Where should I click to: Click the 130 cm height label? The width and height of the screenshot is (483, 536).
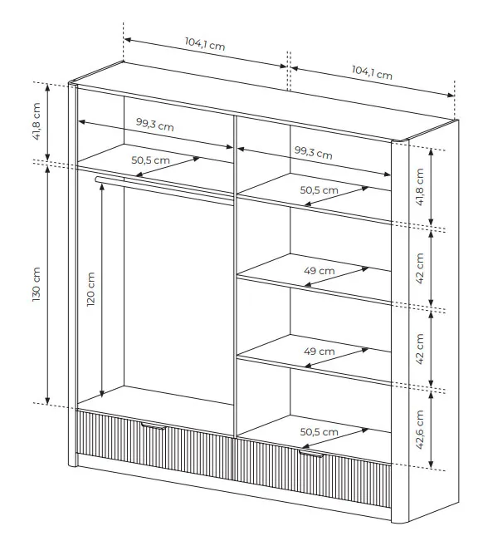[37, 284]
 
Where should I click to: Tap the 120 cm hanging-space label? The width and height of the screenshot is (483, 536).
[90, 289]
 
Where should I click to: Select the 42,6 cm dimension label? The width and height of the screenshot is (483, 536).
[419, 430]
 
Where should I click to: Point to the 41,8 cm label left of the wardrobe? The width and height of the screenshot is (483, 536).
[37, 121]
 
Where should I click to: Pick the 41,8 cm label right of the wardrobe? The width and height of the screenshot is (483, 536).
[419, 187]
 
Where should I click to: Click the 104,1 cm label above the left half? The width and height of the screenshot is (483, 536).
[205, 44]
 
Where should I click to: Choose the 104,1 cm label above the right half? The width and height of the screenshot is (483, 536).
[372, 72]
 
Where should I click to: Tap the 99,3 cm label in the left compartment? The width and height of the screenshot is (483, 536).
[155, 125]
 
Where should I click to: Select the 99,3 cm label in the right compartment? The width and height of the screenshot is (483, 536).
[314, 152]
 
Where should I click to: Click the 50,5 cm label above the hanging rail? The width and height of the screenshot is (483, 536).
[150, 160]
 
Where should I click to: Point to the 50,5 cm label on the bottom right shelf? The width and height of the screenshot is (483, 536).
[320, 432]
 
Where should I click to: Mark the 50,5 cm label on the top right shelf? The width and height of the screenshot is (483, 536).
[320, 190]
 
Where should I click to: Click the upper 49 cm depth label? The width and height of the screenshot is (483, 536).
[320, 271]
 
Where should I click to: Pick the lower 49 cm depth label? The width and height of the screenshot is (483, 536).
[320, 351]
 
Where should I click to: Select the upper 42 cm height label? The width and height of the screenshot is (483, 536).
[419, 268]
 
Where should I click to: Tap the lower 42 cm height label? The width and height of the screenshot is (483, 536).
[419, 349]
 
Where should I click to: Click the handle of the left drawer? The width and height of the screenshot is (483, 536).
[154, 425]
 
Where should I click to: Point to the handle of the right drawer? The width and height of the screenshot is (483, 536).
[311, 454]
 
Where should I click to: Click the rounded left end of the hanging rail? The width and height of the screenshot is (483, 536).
[98, 179]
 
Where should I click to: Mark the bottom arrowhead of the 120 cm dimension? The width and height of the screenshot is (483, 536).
[102, 394]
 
